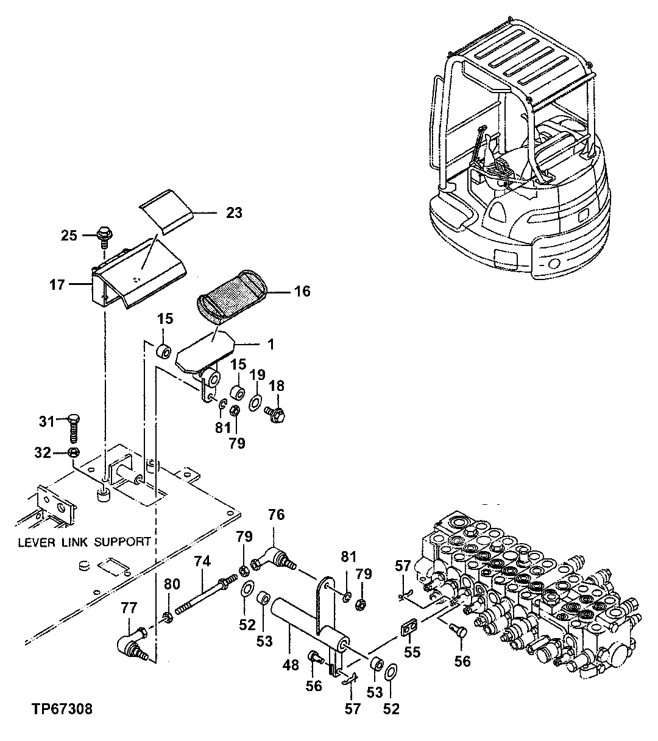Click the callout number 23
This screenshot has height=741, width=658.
(234, 212)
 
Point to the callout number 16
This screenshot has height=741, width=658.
(302, 291)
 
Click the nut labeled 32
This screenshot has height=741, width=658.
(73, 452)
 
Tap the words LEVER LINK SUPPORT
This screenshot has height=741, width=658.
(84, 541)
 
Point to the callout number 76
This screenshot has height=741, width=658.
(276, 514)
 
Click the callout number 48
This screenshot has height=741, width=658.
(291, 664)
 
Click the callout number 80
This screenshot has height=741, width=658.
(172, 585)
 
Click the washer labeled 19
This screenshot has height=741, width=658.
(256, 402)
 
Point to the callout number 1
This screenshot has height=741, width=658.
(271, 345)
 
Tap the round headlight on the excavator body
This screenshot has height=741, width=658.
(554, 263)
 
